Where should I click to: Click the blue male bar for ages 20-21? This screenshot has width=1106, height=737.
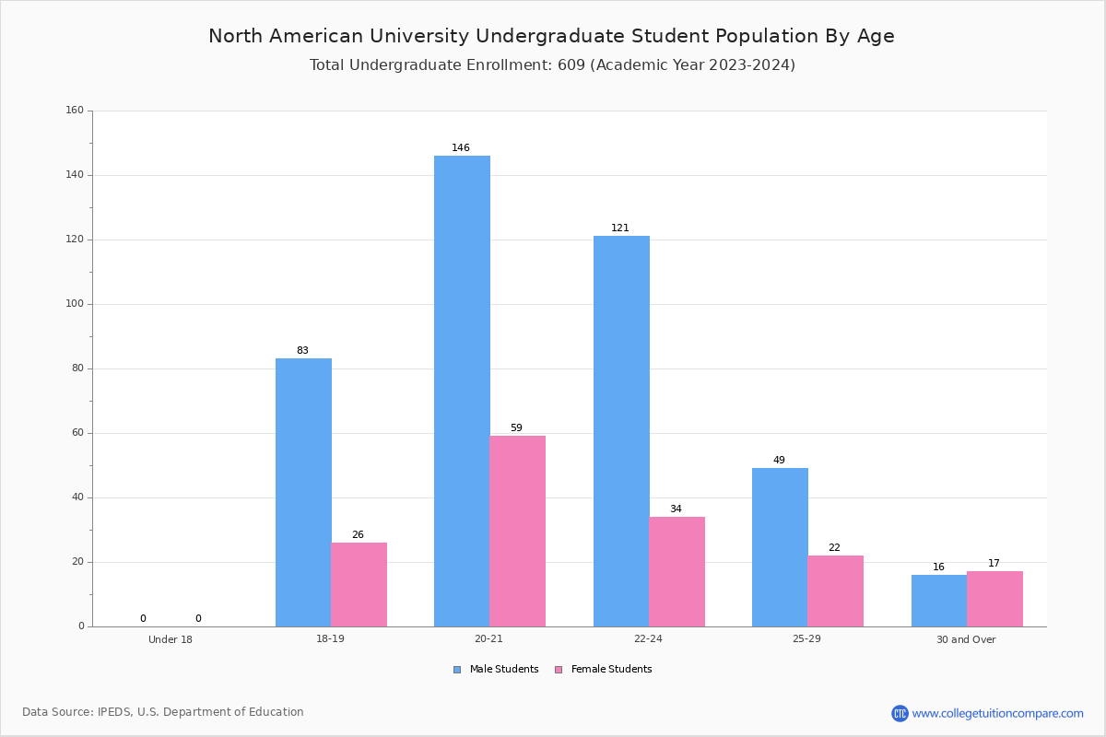pyautogui.click(x=462, y=391)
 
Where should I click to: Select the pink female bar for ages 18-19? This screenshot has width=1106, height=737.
pyautogui.click(x=359, y=585)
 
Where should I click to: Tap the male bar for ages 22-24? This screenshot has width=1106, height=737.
pyautogui.click(x=621, y=431)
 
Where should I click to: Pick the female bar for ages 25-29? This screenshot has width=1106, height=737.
pyautogui.click(x=835, y=591)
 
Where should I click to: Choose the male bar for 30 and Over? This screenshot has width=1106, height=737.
pyautogui.click(x=939, y=601)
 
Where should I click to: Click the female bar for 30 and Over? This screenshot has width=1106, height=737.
pyautogui.click(x=994, y=600)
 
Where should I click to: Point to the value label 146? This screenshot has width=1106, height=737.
pyautogui.click(x=461, y=147)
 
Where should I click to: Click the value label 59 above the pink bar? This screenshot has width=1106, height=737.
pyautogui.click(x=516, y=427)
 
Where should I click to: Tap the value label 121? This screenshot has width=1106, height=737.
pyautogui.click(x=620, y=228)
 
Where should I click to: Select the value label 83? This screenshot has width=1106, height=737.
pyautogui.click(x=302, y=350)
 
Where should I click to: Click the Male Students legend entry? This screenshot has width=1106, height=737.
pyautogui.click(x=496, y=670)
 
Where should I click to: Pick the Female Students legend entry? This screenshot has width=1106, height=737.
pyautogui.click(x=604, y=670)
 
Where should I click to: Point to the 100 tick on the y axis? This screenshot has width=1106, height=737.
pyautogui.click(x=75, y=304)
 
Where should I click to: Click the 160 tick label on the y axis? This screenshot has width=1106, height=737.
pyautogui.click(x=75, y=110)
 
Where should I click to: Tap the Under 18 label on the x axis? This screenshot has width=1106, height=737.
pyautogui.click(x=171, y=639)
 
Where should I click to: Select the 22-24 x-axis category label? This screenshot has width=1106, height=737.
pyautogui.click(x=648, y=638)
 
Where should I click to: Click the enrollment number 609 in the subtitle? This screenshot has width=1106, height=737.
pyautogui.click(x=571, y=65)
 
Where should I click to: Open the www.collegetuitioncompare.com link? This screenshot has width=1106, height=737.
pyautogui.click(x=997, y=714)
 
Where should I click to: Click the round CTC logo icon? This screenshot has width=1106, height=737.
pyautogui.click(x=900, y=714)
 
